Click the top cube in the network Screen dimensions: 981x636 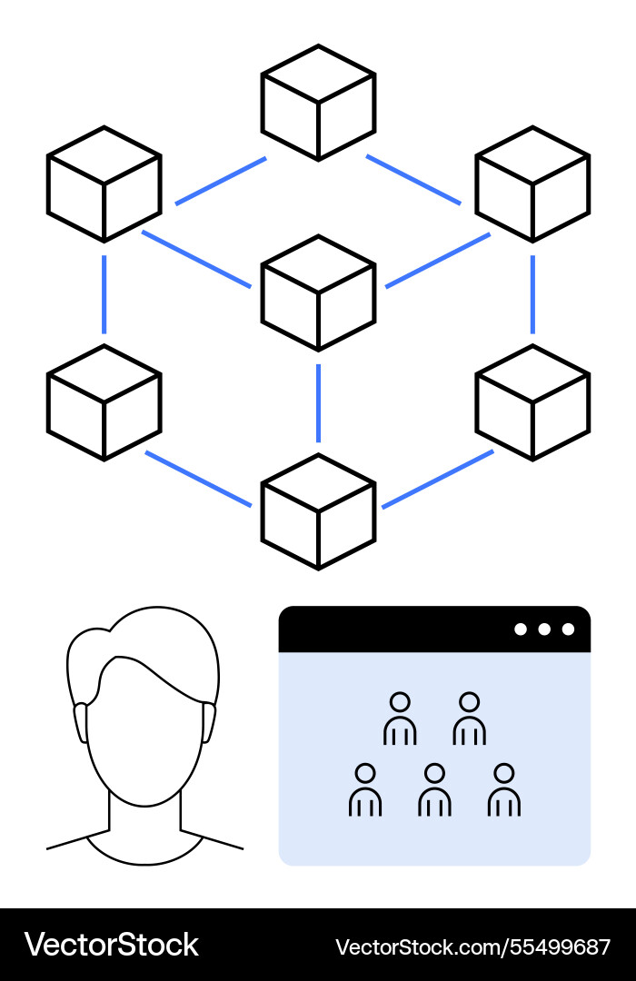(318, 102)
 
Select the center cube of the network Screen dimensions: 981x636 (318, 292)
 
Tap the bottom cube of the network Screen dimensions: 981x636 (318, 511)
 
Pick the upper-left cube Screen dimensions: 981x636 (104, 183)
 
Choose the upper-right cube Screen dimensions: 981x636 (532, 183)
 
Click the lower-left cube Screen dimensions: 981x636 (104, 401)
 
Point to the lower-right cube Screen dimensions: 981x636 (532, 401)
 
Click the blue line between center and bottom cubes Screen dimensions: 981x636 (318, 401)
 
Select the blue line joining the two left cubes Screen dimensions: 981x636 (104, 293)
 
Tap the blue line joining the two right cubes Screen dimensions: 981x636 (532, 293)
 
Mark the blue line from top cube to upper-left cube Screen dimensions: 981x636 (220, 181)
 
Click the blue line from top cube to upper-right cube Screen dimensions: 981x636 (413, 180)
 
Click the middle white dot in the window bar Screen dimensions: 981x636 (544, 629)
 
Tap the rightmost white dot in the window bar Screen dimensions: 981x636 (568, 629)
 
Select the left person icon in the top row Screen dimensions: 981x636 (400, 718)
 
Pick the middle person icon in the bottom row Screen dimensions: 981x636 (434, 789)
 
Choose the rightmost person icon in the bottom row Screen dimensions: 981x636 (503, 789)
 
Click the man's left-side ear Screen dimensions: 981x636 (80, 721)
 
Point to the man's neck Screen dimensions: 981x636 (144, 813)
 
